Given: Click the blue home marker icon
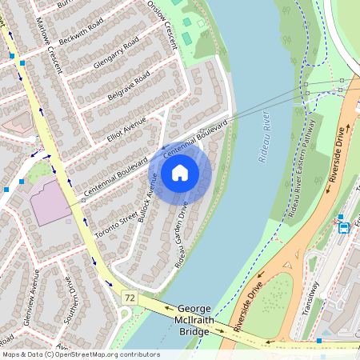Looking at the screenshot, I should [x=180, y=172].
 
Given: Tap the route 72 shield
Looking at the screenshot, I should [x=129, y=298].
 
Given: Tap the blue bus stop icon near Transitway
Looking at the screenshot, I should [x=344, y=226].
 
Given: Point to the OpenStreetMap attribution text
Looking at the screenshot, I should [x=81, y=354].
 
